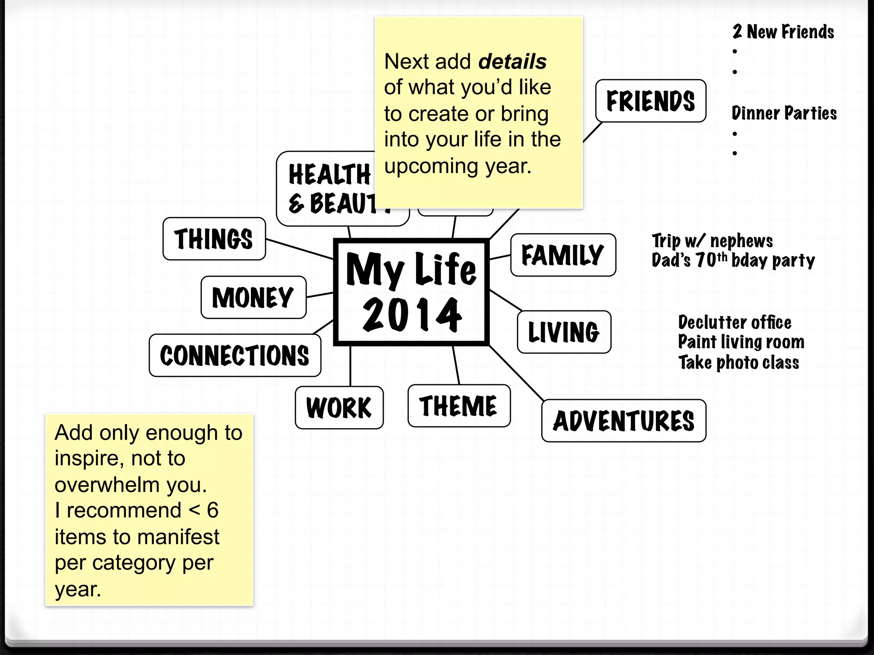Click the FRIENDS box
650,101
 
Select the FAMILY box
563,255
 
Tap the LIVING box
564,332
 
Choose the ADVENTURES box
623,421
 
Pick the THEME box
459,406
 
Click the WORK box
339,408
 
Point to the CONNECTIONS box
235,356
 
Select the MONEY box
253,297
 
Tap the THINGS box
214,239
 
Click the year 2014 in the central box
412,314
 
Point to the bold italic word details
513,62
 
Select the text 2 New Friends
783,32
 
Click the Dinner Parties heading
784,113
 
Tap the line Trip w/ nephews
712,241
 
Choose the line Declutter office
734,323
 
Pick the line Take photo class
739,363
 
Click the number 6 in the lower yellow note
213,510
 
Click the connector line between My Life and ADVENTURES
516,373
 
